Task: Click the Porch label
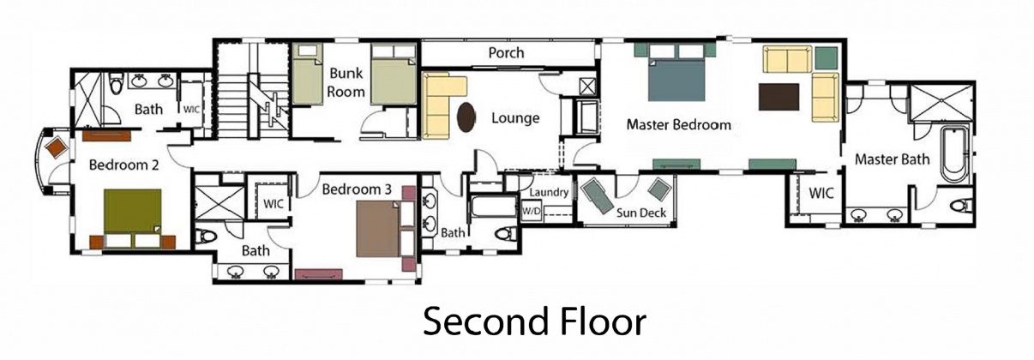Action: [506, 53]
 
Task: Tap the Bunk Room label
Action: [347, 82]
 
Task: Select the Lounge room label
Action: [514, 118]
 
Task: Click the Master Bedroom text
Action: [678, 125]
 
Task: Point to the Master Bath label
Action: [892, 159]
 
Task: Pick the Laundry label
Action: [549, 192]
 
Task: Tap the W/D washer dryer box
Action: [532, 210]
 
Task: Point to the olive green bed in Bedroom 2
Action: [133, 211]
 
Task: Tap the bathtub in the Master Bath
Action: [953, 154]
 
